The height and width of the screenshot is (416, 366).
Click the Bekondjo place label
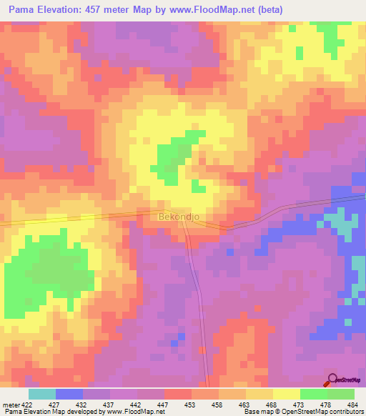[177, 214]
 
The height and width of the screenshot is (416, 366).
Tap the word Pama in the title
[24, 10]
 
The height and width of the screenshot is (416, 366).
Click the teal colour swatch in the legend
[42, 394]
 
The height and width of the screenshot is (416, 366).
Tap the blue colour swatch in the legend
[69, 394]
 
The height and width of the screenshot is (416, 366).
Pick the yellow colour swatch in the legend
[286, 394]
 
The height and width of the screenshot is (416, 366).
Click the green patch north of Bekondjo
[172, 157]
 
